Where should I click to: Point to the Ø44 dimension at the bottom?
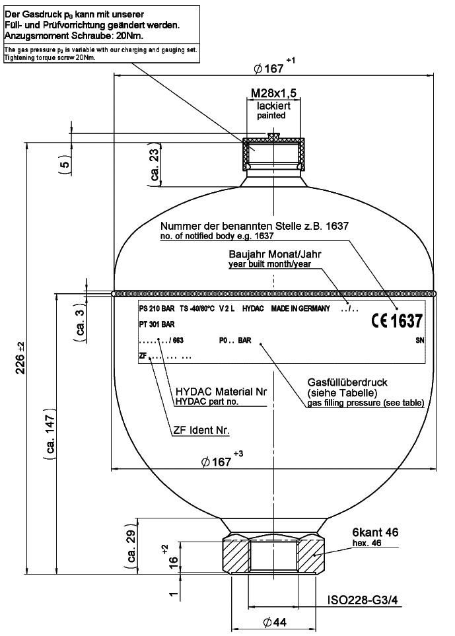click(x=273, y=623)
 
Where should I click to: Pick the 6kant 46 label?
click(x=374, y=533)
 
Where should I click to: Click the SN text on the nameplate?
click(x=419, y=341)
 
